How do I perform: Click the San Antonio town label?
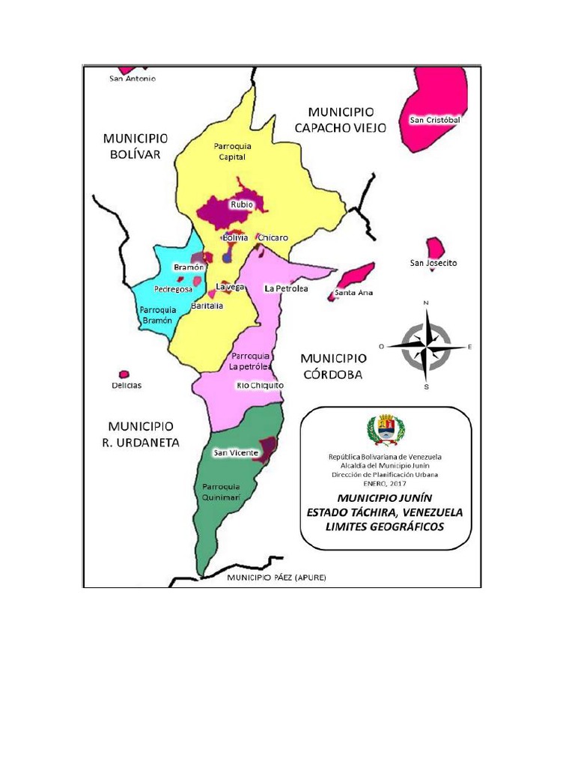coord(133,79)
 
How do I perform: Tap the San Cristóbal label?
coord(434,120)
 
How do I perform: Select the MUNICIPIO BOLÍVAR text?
coord(136,146)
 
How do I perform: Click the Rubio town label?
coord(242,204)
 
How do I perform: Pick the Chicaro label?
coord(273,237)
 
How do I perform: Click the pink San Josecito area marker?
coord(434,247)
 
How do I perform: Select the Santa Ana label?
coord(354,292)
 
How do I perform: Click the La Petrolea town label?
coord(286,288)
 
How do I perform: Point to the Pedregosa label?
coord(173,288)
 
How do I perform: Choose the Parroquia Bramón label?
coord(157,315)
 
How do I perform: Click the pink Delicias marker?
coord(124,374)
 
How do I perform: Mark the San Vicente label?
coord(236,452)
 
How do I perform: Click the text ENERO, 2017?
coord(385,484)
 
